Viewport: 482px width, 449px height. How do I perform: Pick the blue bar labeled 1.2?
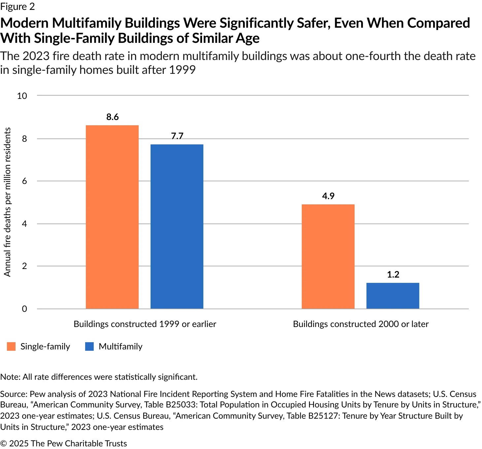click(393, 296)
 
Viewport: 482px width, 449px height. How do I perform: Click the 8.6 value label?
click(113, 117)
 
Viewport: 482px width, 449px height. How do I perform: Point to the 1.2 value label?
click(393, 275)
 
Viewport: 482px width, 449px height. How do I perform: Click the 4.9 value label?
click(328, 196)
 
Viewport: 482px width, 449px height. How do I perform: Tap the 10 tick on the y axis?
click(22, 96)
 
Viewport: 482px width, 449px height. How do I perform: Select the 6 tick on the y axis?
click(24, 181)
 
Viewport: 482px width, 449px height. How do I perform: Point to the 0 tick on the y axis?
click(24, 309)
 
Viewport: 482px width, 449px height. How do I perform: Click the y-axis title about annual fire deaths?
click(7, 202)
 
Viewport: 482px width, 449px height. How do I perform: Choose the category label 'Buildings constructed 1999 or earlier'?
click(145, 324)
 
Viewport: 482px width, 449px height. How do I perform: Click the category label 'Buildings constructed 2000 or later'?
click(361, 324)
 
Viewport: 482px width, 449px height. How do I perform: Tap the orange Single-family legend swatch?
click(11, 346)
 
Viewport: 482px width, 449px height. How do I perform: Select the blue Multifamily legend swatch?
click(89, 346)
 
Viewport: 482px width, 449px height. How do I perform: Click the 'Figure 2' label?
click(17, 7)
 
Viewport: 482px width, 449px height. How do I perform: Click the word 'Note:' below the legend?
click(10, 377)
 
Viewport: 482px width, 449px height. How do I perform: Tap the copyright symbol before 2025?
click(3, 443)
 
